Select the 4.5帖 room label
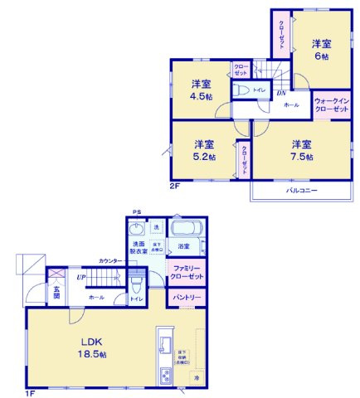pyautogui.click(x=202, y=90)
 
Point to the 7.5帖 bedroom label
pyautogui.click(x=301, y=150)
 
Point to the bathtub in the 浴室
pyautogui.click(x=184, y=228)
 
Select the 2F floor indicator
pyautogui.click(x=175, y=187)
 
